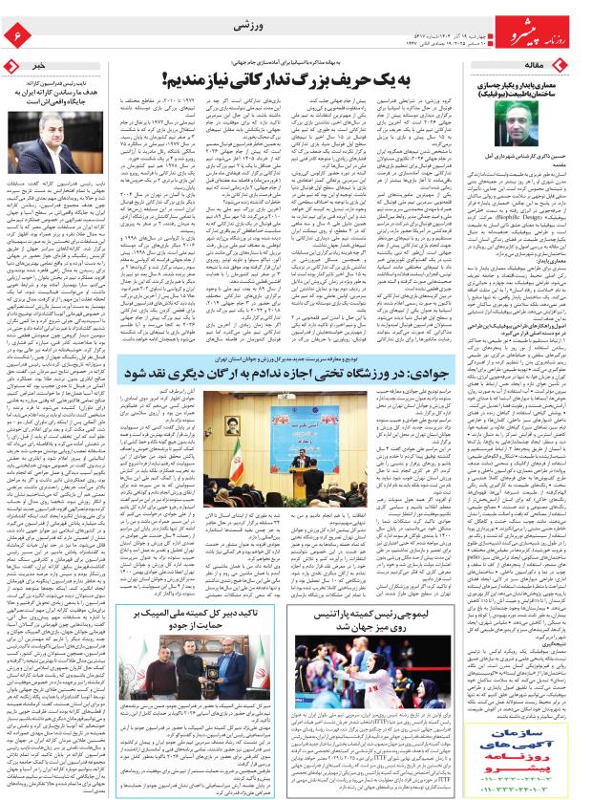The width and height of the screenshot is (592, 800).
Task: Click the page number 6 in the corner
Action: click(x=16, y=35)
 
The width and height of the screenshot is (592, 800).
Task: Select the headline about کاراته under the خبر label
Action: click(x=59, y=92)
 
